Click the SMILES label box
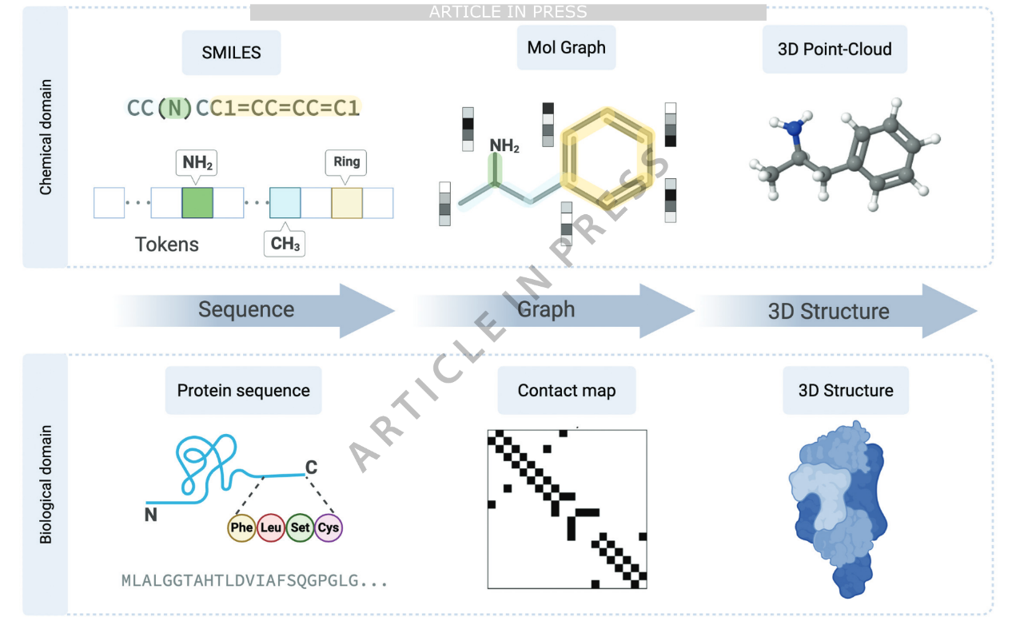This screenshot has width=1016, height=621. pyautogui.click(x=231, y=54)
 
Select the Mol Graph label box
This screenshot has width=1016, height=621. pyautogui.click(x=566, y=48)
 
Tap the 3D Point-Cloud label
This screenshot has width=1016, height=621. pyautogui.click(x=835, y=50)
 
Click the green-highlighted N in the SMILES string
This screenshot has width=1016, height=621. pyautogui.click(x=173, y=107)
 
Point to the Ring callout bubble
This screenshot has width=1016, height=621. pyautogui.click(x=347, y=162)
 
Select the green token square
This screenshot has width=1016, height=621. pyautogui.click(x=197, y=203)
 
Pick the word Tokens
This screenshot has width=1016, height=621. pyautogui.click(x=167, y=244)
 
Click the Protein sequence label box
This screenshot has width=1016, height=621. pyautogui.click(x=243, y=391)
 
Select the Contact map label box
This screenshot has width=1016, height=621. pyautogui.click(x=566, y=391)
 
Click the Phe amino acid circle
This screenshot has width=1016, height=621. pyautogui.click(x=241, y=527)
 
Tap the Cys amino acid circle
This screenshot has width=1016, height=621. pyautogui.click(x=328, y=527)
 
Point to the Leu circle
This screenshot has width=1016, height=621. pyautogui.click(x=270, y=527)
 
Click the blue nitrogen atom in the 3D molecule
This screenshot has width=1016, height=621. pyautogui.click(x=792, y=128)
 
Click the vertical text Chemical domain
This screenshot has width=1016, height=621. pyautogui.click(x=46, y=136)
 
